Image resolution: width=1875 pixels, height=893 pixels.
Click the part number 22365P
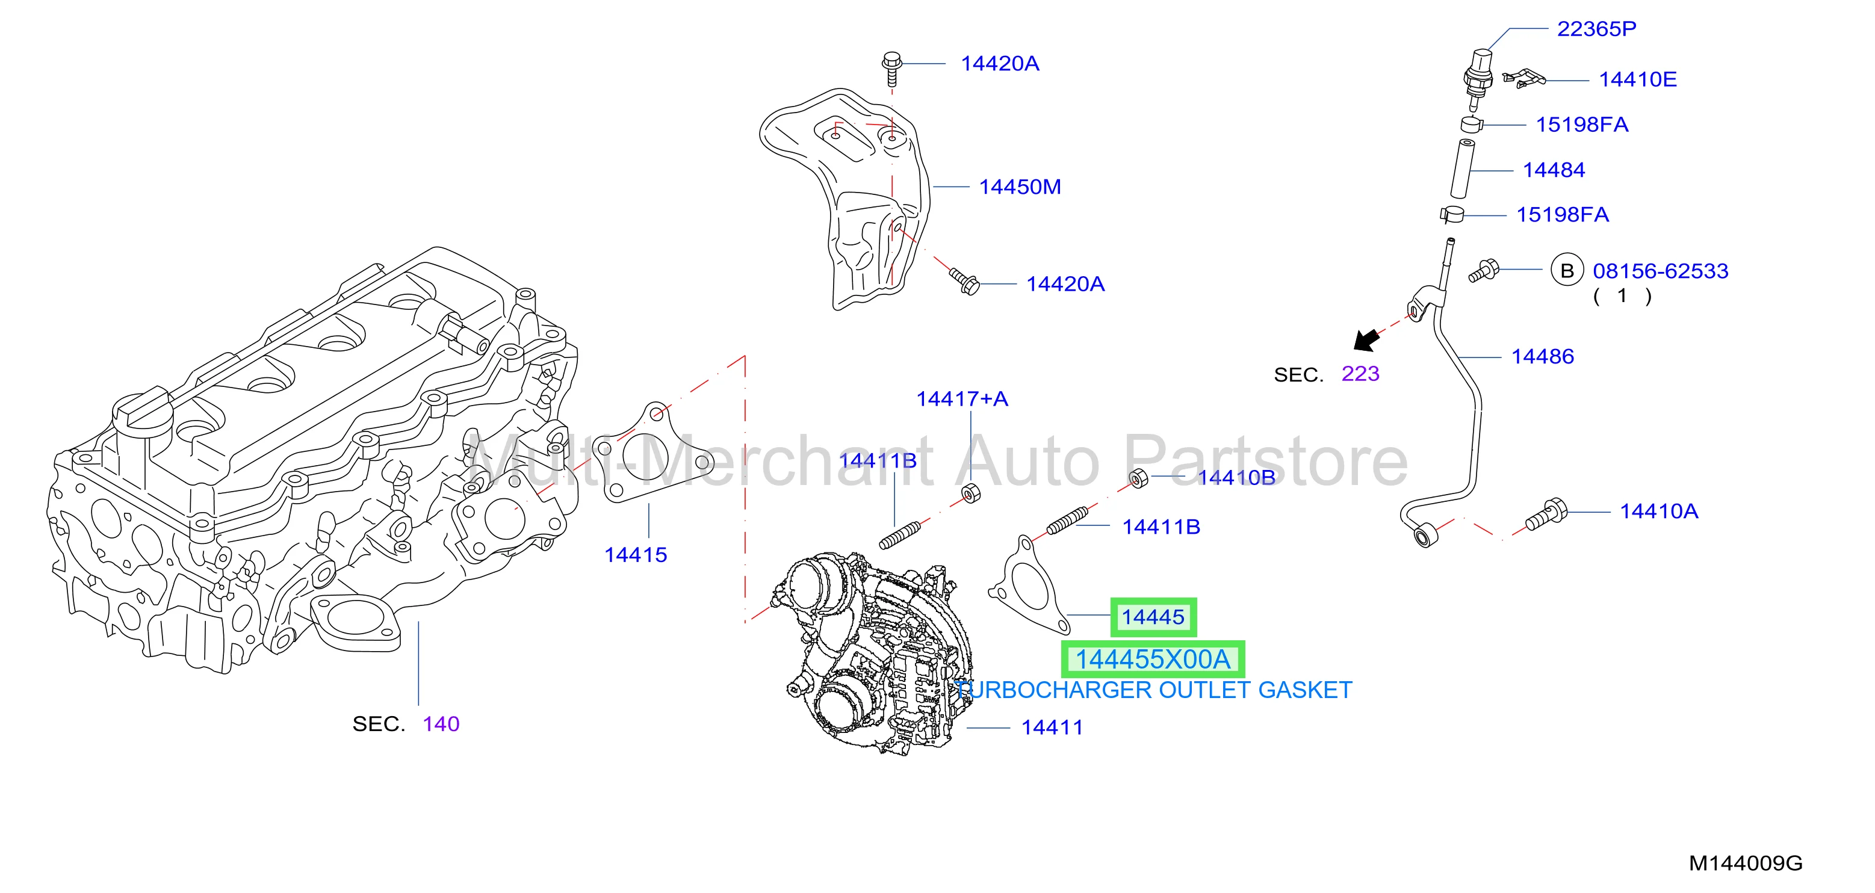pos(1596,29)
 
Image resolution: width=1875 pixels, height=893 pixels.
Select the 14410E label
pos(1638,79)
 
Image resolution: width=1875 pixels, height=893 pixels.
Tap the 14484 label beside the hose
pos(1554,170)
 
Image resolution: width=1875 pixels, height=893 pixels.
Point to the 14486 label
pos(1542,357)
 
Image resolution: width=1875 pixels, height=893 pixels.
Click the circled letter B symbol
pos(1567,271)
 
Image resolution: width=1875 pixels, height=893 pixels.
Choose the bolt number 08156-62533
pos(1660,271)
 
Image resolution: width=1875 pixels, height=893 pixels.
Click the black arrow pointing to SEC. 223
pos(1366,339)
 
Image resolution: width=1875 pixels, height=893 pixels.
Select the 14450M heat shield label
pos(1020,187)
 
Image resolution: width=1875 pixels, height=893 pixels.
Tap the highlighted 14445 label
pos(1153,617)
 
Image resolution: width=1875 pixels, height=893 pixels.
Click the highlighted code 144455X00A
pos(1153,660)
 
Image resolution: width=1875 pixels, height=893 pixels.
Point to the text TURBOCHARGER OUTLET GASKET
pos(1154,690)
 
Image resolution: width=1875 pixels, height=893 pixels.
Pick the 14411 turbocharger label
pos(1052,728)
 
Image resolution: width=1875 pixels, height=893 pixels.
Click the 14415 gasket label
pos(636,555)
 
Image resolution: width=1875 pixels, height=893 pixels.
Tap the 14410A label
pos(1659,511)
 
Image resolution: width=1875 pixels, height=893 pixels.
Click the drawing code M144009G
pos(1746,863)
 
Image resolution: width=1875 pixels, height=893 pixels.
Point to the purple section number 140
pos(441,724)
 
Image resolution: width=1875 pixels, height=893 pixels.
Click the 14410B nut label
pos(1236,477)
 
